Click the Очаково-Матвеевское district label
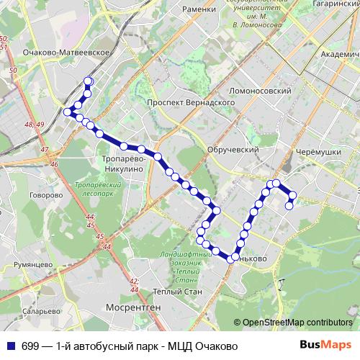[66, 53]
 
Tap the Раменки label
[199, 9]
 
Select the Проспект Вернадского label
[192, 103]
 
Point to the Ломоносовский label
[259, 91]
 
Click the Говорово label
[42, 194]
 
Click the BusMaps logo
[325, 346]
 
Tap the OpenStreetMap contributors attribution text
[298, 323]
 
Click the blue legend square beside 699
[10, 346]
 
